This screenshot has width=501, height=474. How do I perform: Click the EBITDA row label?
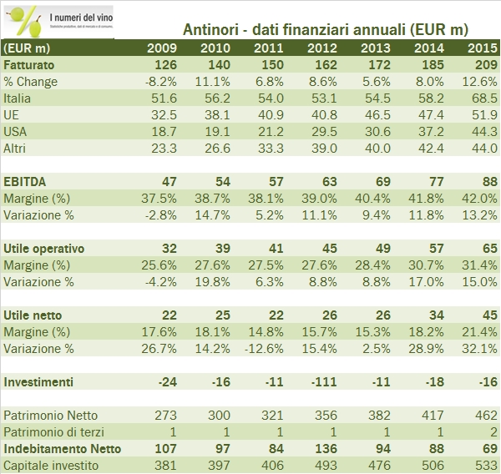[x=24, y=182]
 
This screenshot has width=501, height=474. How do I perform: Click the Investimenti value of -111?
[x=322, y=382]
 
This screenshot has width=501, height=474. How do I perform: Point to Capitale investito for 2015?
[x=477, y=466]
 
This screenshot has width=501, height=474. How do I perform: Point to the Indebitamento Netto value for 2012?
[x=322, y=449]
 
